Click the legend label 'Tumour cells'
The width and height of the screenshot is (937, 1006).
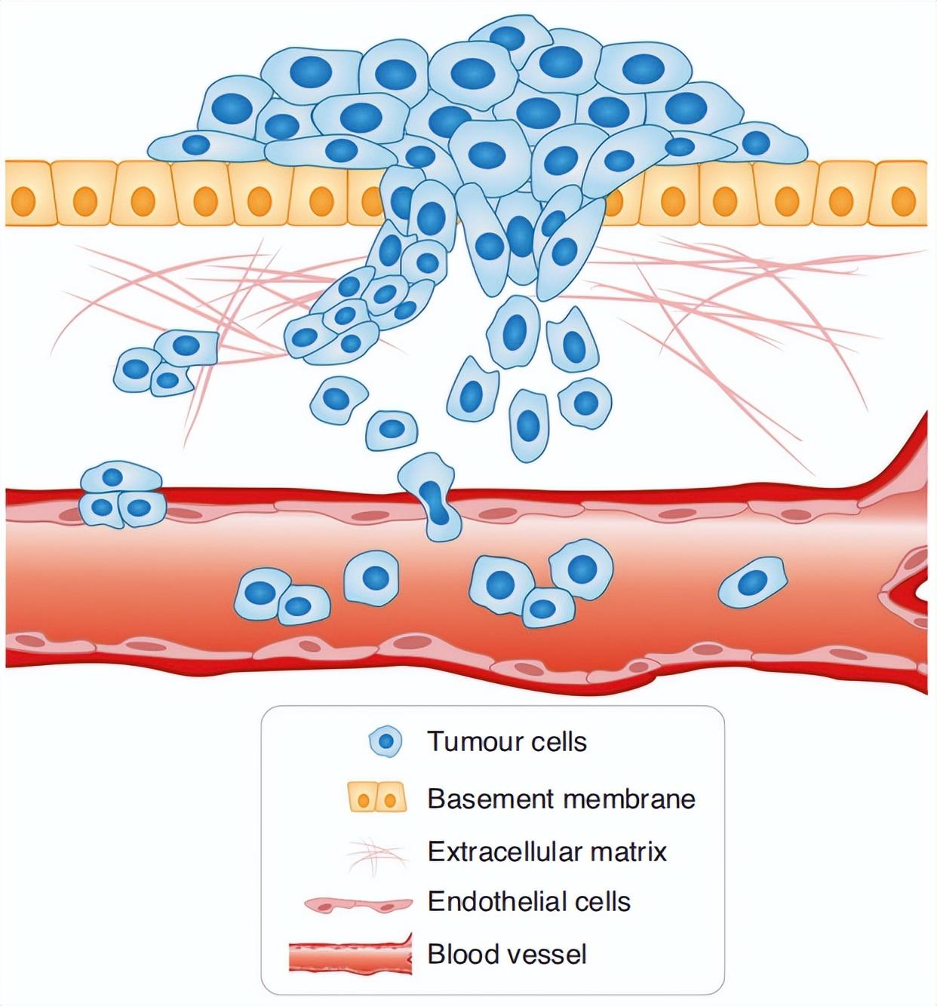tap(507, 741)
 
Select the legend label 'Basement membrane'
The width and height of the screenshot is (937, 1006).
tap(561, 798)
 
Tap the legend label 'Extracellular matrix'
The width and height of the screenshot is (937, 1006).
tap(547, 851)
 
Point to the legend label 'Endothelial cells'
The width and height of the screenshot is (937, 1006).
tap(529, 901)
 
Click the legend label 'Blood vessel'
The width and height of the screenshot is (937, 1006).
tap(507, 954)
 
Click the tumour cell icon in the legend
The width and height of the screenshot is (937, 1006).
tap(386, 742)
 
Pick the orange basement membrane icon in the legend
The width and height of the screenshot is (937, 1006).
tap(377, 798)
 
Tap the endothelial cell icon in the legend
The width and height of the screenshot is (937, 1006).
tap(358, 903)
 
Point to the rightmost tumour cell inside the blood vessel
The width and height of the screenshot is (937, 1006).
tap(752, 582)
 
